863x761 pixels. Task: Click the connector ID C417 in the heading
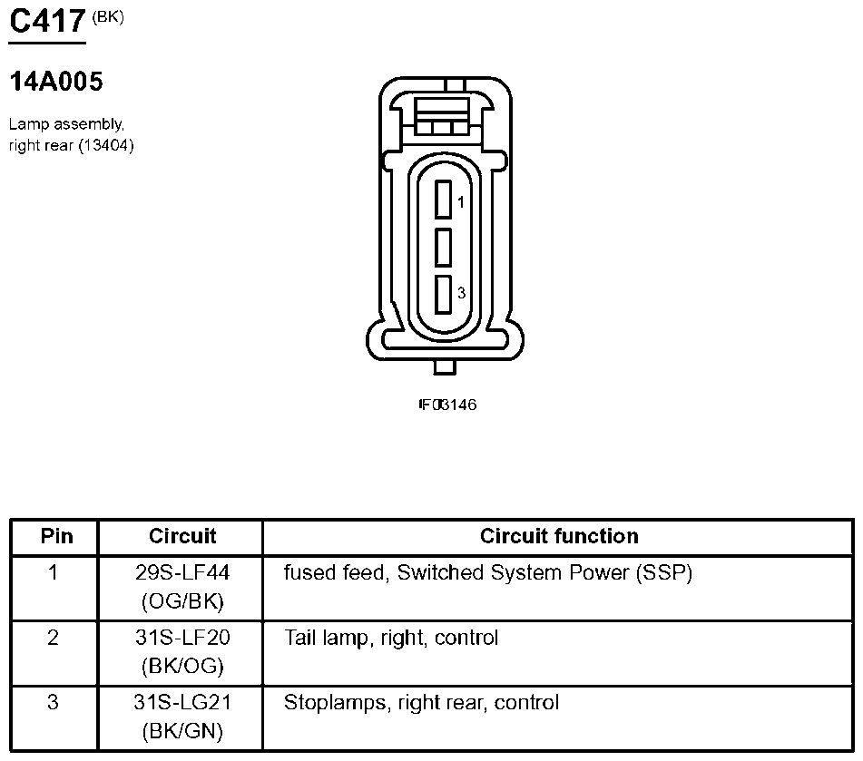click(x=47, y=21)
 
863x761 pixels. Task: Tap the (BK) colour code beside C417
click(x=108, y=17)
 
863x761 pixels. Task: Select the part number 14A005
click(x=56, y=82)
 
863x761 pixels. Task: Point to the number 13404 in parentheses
click(x=105, y=145)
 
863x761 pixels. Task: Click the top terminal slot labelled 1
click(x=443, y=200)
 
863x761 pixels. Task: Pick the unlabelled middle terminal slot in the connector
click(x=443, y=248)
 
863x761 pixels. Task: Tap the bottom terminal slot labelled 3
click(x=443, y=295)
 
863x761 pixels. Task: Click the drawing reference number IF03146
click(x=447, y=405)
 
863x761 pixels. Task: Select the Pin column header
click(x=56, y=536)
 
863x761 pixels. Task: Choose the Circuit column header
click(x=182, y=536)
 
